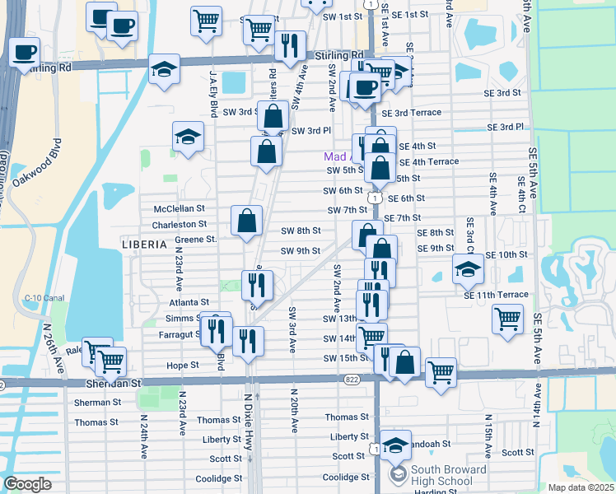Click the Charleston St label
click(x=179, y=224)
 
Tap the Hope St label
click(x=184, y=365)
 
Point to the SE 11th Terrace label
click(x=496, y=295)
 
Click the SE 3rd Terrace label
click(x=418, y=113)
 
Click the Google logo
click(x=28, y=483)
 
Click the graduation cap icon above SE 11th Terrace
click(x=467, y=267)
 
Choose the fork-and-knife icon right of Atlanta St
click(x=257, y=285)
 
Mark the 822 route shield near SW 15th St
click(x=352, y=380)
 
